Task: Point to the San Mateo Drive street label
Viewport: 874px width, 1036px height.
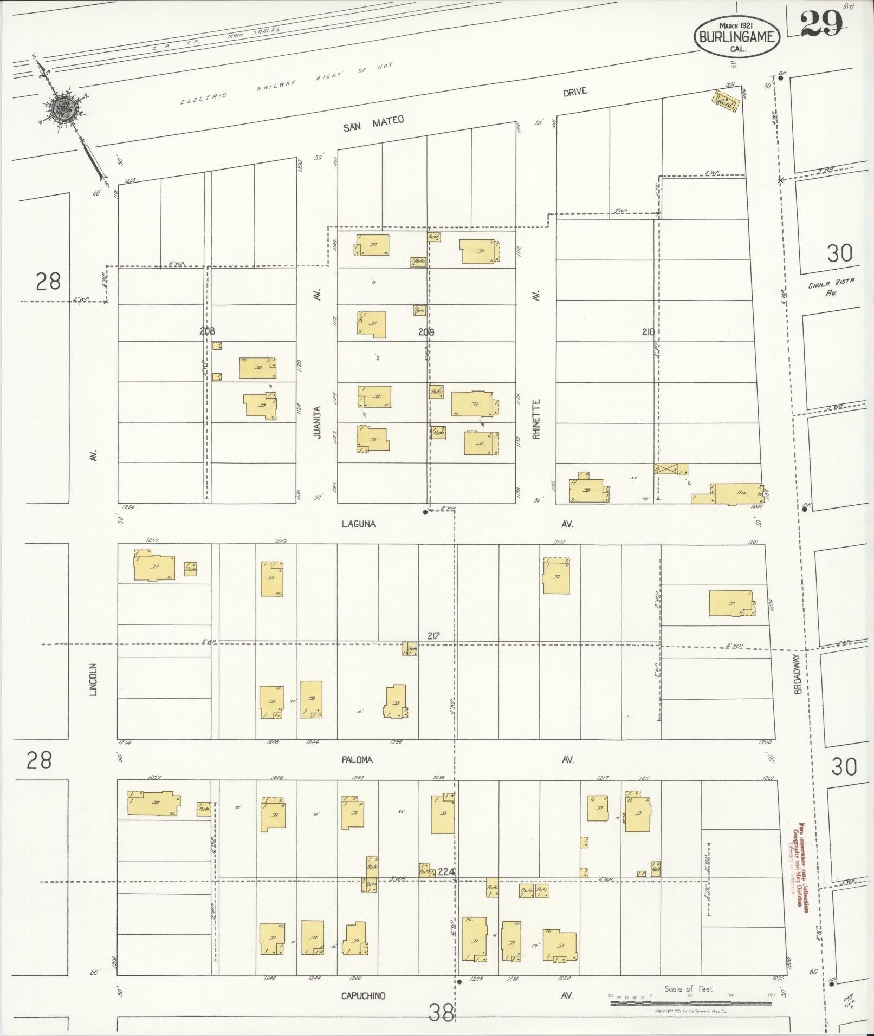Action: coord(374,124)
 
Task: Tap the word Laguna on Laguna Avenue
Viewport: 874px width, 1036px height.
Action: coord(359,524)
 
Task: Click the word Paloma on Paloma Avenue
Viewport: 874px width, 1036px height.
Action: coord(357,759)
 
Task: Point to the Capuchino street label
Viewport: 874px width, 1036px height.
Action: coord(363,995)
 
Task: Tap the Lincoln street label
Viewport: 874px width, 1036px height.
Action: coord(93,679)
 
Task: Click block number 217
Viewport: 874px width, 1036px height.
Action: coord(433,636)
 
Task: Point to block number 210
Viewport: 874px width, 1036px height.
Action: coord(648,332)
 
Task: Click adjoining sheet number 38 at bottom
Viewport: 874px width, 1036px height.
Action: coord(441,1012)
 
